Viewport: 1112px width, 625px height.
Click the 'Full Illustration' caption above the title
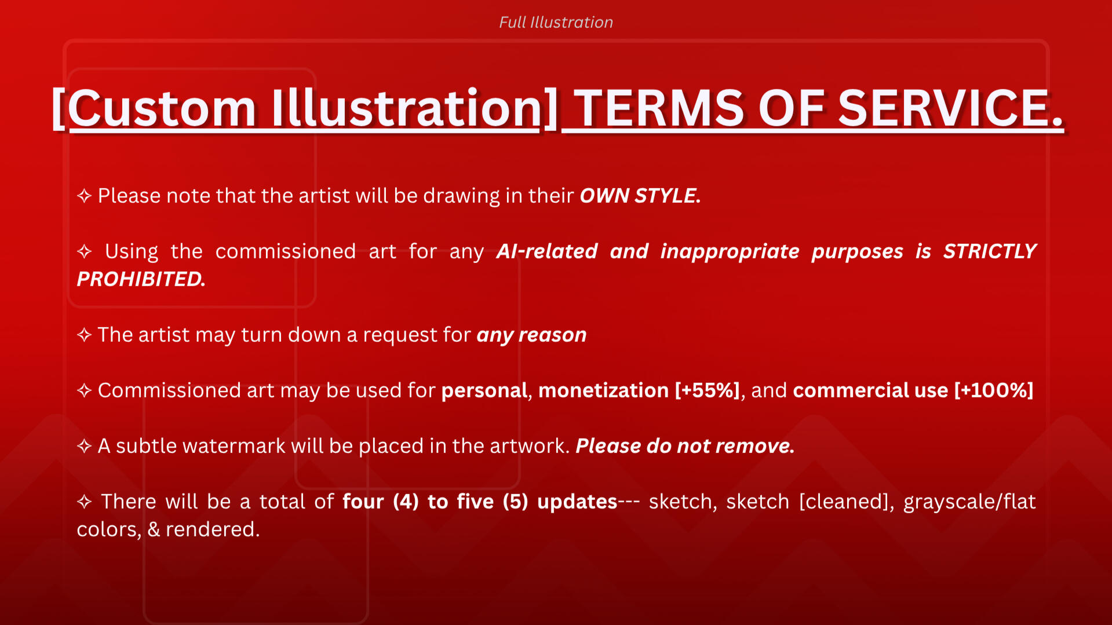pyautogui.click(x=556, y=22)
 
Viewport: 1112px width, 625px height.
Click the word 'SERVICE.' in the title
pyautogui.click(x=951, y=108)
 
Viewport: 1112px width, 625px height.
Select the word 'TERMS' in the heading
pyautogui.click(x=659, y=108)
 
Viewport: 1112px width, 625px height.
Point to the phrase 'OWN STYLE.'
pyautogui.click(x=640, y=196)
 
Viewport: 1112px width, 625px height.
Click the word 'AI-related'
pyautogui.click(x=547, y=251)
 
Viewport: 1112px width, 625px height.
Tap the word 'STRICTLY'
pyautogui.click(x=990, y=251)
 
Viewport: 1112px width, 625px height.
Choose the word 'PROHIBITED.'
pyautogui.click(x=141, y=279)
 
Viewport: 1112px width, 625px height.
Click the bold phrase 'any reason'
pyautogui.click(x=531, y=335)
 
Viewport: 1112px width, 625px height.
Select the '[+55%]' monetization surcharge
pyautogui.click(x=708, y=390)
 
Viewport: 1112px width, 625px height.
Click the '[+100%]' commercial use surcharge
pyautogui.click(x=994, y=390)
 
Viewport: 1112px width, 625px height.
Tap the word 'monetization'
pyautogui.click(x=603, y=390)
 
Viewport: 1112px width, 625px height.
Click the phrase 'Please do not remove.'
pyautogui.click(x=685, y=446)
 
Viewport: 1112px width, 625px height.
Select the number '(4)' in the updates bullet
pyautogui.click(x=406, y=502)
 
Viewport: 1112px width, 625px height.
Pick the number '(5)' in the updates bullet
pyautogui.click(x=515, y=502)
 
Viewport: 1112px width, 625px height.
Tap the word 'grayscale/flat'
pyautogui.click(x=969, y=502)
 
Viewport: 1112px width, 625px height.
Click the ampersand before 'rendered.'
pyautogui.click(x=154, y=529)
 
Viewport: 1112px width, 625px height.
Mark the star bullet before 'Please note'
pyautogui.click(x=85, y=196)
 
